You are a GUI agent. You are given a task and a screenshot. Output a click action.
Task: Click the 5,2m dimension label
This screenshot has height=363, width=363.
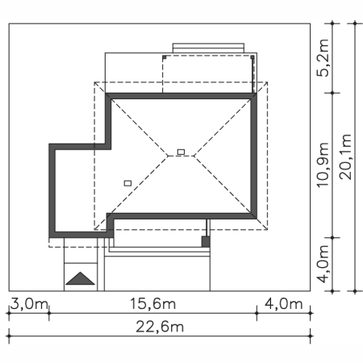coord(323,58)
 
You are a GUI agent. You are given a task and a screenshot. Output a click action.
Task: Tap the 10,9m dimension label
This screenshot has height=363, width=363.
coord(323,165)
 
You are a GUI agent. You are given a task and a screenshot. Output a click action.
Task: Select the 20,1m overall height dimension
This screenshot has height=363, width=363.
coord(345,156)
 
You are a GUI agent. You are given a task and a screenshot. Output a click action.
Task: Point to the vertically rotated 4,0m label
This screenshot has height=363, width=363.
coord(323,264)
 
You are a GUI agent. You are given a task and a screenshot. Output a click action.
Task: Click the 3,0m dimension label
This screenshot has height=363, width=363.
coord(29,304)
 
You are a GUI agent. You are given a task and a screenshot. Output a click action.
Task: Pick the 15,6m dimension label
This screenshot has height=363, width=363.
coord(152,304)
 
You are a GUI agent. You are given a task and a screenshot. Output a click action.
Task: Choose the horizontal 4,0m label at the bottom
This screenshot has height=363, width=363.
coord(284,304)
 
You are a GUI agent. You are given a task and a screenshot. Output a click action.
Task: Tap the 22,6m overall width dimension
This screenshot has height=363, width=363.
coord(160,327)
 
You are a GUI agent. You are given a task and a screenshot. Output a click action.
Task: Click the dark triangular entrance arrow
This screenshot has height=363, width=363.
coord(80,278)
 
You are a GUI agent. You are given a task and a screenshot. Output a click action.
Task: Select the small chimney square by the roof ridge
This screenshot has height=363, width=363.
coord(181,152)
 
